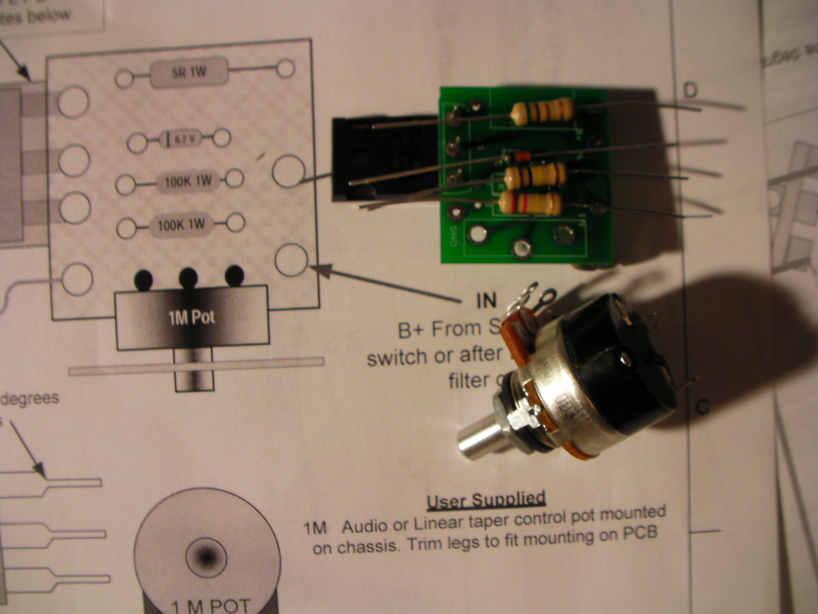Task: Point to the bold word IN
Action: tap(486, 301)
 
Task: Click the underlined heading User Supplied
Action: tap(486, 500)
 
